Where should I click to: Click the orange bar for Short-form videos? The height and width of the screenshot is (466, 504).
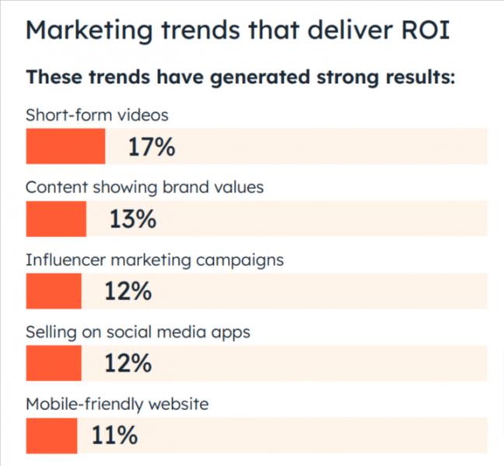coord(65,146)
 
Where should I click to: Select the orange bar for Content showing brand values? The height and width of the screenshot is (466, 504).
coord(56,219)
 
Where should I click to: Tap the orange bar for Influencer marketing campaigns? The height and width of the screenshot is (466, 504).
coord(54,291)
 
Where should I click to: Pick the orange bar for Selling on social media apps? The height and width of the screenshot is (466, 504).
coord(54,363)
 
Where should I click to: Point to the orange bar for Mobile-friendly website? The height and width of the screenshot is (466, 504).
coord(51,436)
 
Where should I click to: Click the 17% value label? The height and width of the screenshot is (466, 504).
coord(152,146)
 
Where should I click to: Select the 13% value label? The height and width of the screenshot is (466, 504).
coord(133,219)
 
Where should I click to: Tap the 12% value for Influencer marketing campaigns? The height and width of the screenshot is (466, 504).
coord(128,291)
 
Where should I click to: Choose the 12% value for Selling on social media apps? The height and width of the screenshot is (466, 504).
coord(128,363)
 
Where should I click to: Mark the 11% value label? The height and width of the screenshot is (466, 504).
coord(114,436)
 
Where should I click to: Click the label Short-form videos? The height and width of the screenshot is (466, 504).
coord(96,115)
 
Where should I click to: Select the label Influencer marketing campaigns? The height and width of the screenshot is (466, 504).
coord(155,260)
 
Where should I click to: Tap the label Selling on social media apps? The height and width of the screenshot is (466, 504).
coord(138,332)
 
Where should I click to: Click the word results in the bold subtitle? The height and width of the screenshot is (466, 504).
coord(410,79)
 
